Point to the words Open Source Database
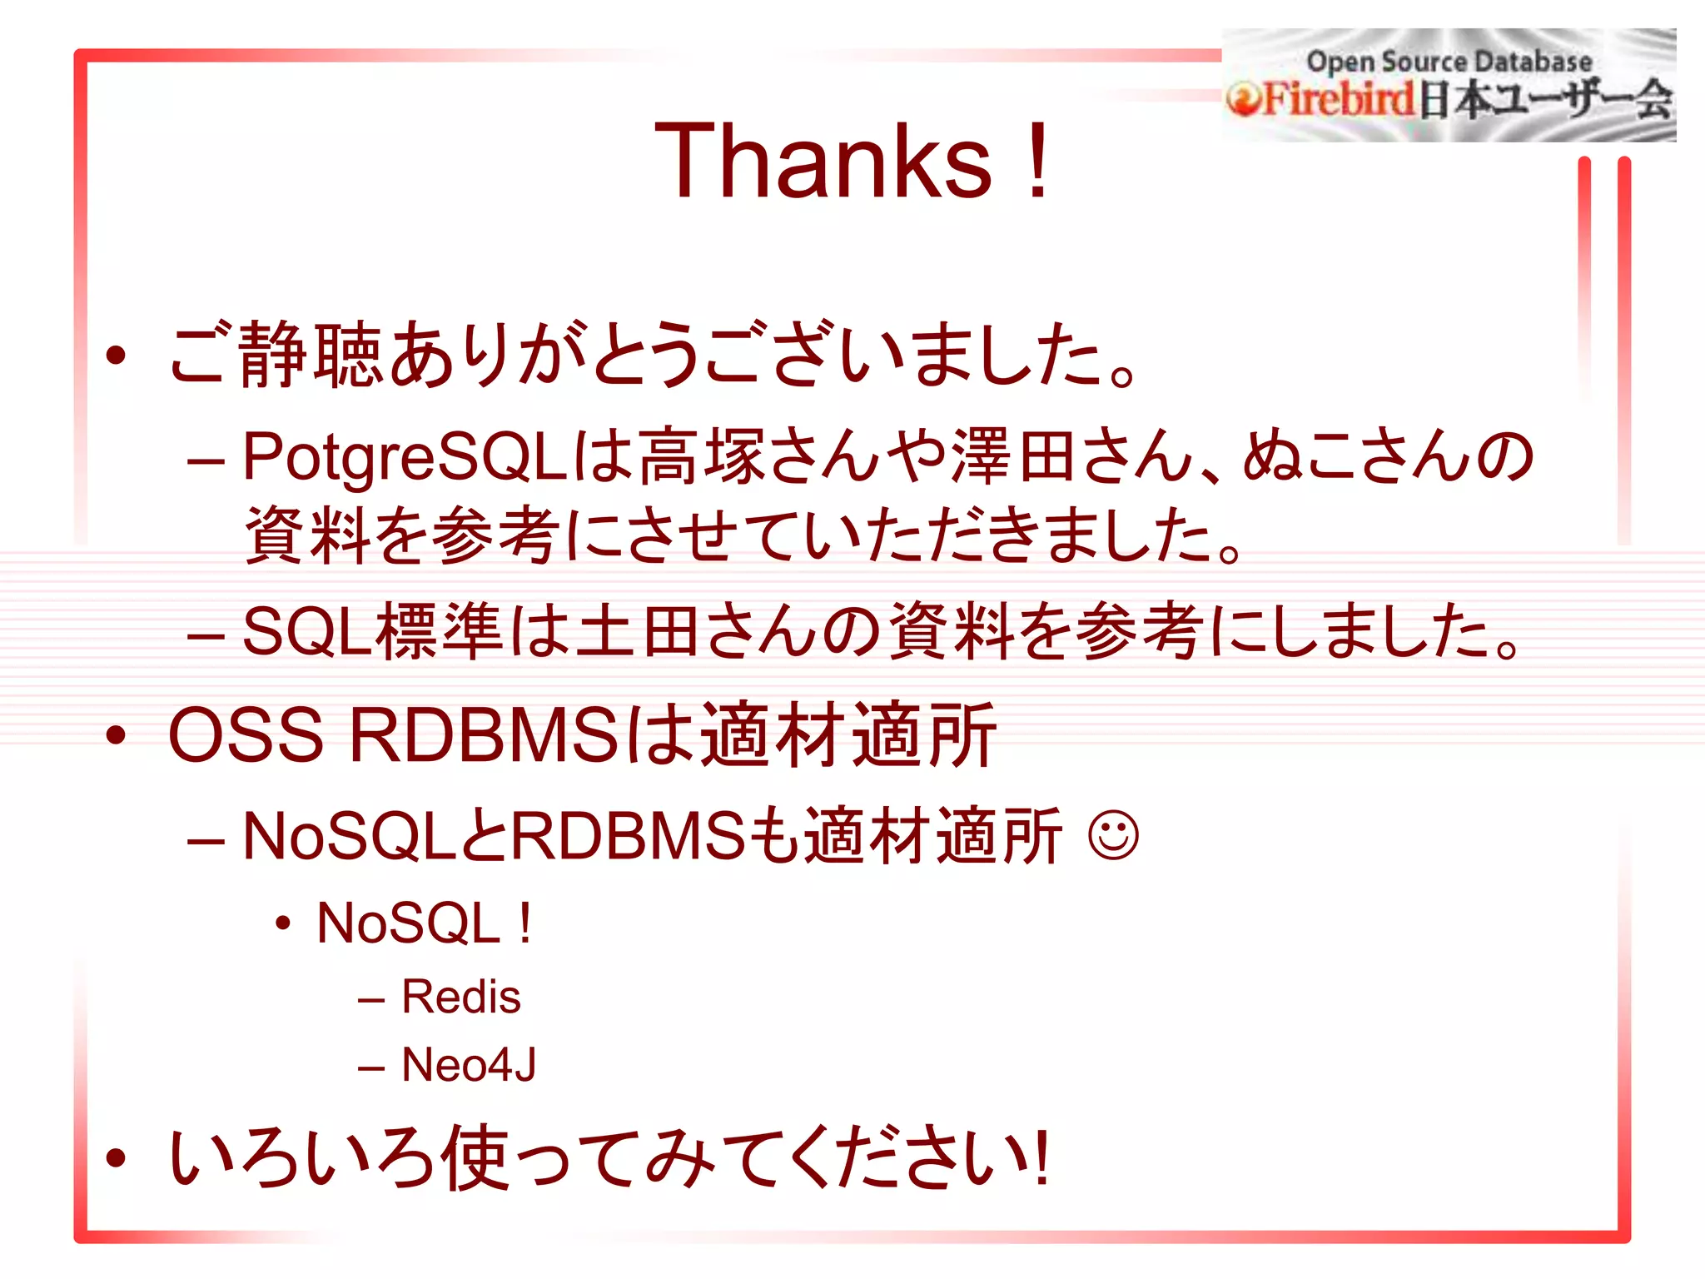1449,61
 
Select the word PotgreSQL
405,457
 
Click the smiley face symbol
1113,835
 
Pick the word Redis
460,997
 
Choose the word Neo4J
469,1065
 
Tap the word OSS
245,735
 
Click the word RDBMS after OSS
483,735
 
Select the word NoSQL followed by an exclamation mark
408,923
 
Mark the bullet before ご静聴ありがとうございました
116,356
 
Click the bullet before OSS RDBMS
116,735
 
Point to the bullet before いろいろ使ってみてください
116,1157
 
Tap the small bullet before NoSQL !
284,923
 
